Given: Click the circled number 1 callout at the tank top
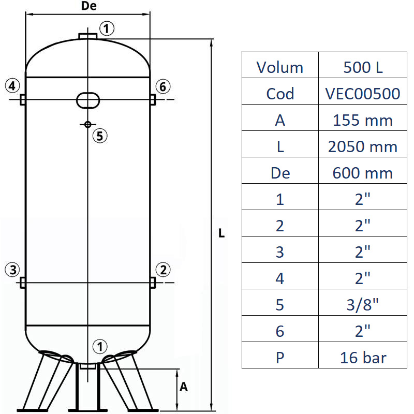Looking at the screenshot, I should click(x=106, y=28).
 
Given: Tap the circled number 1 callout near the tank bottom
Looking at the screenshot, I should click(x=100, y=346).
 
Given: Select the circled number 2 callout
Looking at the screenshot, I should click(x=163, y=269).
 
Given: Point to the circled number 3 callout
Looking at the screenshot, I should click(x=13, y=269).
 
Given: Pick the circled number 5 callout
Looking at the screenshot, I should click(x=100, y=136).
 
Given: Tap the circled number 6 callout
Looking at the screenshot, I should click(x=163, y=87).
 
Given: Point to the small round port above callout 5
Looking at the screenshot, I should click(x=88, y=124).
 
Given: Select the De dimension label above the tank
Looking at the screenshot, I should click(x=89, y=6).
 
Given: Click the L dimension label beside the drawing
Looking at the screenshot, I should click(x=221, y=233).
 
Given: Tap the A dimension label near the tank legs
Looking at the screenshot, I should click(x=183, y=387).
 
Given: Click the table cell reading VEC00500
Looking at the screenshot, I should click(x=362, y=94).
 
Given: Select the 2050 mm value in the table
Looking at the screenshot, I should click(x=362, y=146).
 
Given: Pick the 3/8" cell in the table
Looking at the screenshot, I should click(x=362, y=305).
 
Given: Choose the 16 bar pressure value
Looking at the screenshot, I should click(x=362, y=358).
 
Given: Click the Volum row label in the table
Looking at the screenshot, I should click(x=280, y=67).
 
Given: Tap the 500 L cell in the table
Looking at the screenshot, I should click(x=362, y=67).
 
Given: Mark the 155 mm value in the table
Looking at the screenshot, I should click(x=362, y=120).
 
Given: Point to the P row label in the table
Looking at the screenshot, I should click(x=280, y=358).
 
